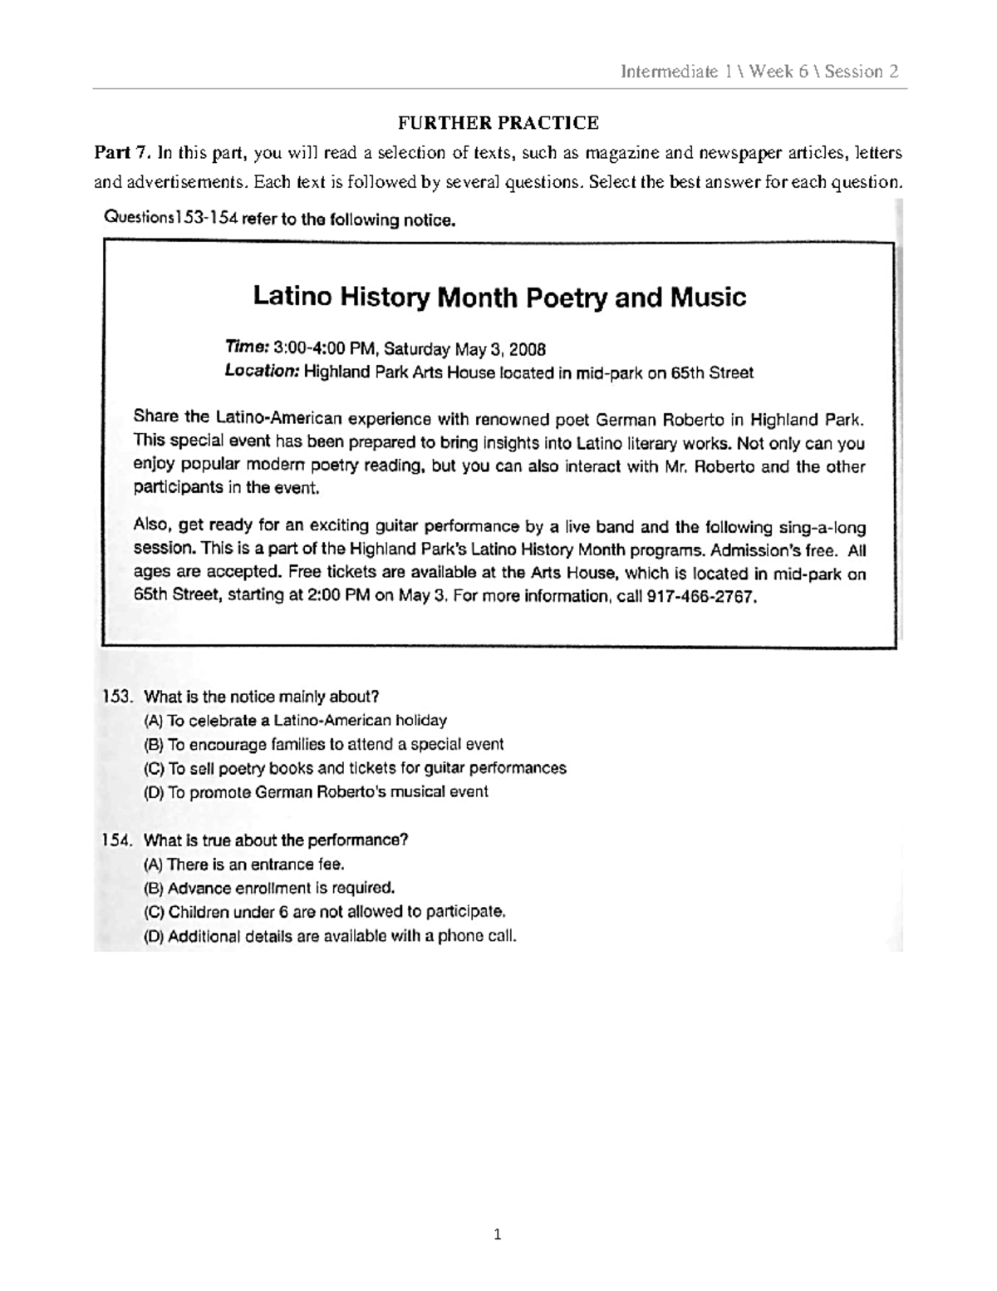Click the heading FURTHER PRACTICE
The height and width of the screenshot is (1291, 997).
498,123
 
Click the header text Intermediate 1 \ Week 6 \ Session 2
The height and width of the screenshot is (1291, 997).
759,71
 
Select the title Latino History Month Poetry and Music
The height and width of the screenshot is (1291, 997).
498,297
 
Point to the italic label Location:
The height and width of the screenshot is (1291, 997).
262,372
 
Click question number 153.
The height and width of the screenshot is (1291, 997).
117,697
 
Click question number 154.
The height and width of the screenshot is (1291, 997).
117,840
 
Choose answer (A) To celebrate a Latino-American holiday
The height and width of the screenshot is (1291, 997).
296,721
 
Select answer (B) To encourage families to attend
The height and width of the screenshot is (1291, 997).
324,744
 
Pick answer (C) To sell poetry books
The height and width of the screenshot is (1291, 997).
355,768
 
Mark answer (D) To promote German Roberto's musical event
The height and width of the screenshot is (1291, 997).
317,792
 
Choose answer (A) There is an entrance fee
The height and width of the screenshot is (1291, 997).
244,864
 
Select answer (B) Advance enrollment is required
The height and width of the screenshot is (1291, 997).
269,888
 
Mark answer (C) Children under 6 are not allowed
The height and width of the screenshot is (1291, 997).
325,912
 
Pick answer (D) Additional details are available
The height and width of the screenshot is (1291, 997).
330,936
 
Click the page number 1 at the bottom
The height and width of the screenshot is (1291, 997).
498,1234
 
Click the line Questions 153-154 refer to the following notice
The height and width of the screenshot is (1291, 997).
279,220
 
